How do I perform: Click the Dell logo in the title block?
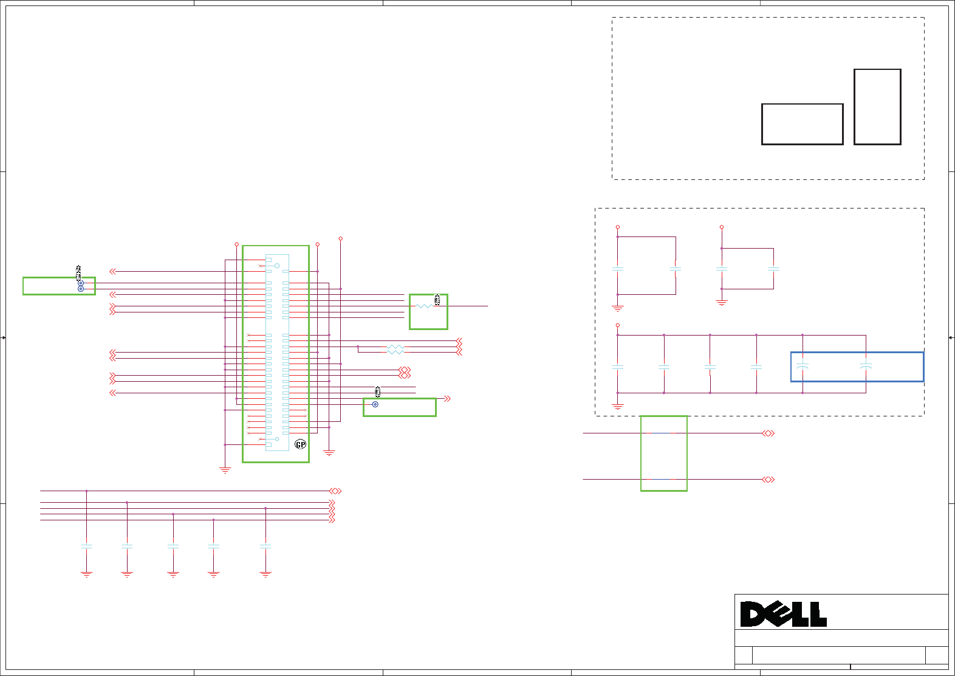(783, 614)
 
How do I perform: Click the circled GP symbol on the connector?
(300, 444)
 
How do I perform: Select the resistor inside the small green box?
(424, 306)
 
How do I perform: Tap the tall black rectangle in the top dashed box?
(877, 107)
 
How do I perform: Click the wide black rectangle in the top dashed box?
(802, 124)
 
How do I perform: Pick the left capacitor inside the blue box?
(802, 367)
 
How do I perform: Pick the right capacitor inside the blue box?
(866, 367)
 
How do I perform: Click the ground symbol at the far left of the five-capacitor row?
(87, 574)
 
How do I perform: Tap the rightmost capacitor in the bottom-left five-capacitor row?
(265, 546)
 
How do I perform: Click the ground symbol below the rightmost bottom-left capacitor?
(265, 574)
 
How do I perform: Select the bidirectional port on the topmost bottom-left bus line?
(335, 491)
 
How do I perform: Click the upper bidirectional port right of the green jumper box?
(768, 433)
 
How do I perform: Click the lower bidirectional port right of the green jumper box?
(768, 480)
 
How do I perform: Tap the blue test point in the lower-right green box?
(375, 404)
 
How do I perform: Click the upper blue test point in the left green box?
(81, 283)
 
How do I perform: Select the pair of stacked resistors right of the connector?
(395, 349)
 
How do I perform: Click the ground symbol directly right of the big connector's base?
(329, 453)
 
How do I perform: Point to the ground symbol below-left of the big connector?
(225, 470)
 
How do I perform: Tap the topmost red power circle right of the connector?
(340, 239)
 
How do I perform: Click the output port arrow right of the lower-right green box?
(448, 399)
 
